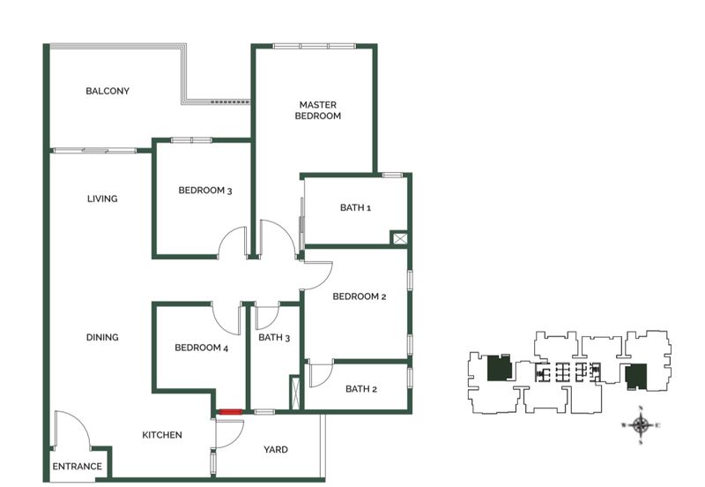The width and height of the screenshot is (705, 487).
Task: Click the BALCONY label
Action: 108,91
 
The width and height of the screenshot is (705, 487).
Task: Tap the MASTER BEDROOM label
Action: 317,109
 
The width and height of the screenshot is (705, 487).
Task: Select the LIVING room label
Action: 102,199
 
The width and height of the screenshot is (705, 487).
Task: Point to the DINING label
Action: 102,337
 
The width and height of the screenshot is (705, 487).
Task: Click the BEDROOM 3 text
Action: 204,190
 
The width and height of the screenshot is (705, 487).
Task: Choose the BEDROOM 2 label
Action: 359,296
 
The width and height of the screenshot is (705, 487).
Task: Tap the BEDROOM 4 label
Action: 201,348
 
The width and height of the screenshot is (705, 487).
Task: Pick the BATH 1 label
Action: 356,208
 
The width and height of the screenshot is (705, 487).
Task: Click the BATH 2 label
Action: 361,389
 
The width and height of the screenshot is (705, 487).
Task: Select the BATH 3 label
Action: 274,337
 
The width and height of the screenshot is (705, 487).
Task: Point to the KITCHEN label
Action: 162,435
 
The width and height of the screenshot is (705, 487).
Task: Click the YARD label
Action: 276,450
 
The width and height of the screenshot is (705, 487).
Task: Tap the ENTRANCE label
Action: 78,467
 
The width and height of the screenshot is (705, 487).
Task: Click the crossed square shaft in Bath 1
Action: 399,238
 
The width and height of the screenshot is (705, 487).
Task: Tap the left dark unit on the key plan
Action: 499,367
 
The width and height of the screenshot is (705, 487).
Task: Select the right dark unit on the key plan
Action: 636,377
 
